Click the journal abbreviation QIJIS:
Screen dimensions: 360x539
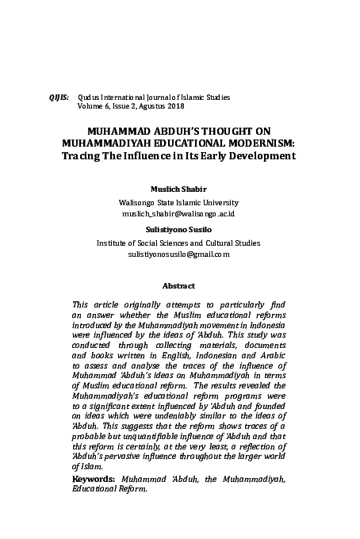pyautogui.click(x=59, y=97)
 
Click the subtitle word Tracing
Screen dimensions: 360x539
pyautogui.click(x=82, y=155)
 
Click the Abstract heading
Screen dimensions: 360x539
pyautogui.click(x=178, y=285)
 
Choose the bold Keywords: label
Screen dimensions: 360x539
pyautogui.click(x=92, y=480)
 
